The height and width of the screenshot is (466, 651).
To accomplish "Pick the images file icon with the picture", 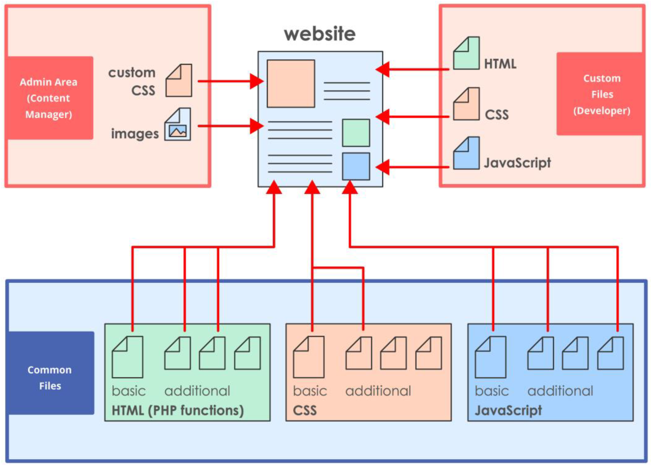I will [177, 125].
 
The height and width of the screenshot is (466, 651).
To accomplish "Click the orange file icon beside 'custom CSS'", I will [179, 81].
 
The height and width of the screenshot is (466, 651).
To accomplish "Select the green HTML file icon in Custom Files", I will [466, 54].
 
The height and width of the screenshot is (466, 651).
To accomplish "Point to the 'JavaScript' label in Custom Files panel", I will [517, 163].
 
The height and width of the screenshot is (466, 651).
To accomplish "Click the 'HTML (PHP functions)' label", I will [177, 410].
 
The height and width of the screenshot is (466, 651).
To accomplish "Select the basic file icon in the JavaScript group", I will [490, 358].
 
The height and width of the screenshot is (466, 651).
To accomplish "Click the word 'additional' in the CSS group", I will [378, 391].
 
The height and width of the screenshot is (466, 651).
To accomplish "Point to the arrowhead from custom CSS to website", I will [256, 81].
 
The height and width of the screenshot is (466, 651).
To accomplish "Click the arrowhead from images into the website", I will [256, 126].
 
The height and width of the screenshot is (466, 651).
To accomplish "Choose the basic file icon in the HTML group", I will [127, 358].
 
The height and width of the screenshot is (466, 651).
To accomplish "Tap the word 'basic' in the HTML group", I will [129, 391].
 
